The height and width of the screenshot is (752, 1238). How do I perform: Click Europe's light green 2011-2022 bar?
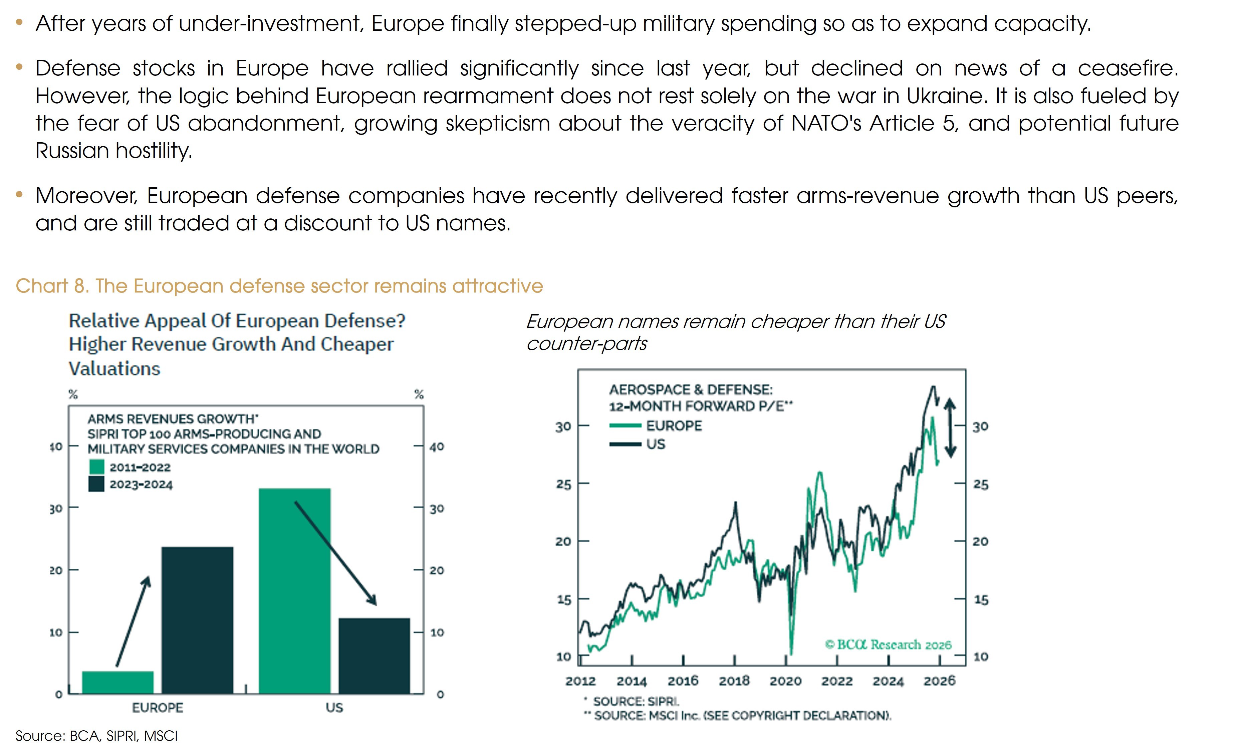[x=117, y=682]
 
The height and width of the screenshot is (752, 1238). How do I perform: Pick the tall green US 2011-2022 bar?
[x=294, y=591]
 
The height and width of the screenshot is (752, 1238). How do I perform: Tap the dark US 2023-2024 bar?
[x=374, y=655]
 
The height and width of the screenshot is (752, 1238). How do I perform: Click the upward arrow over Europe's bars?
[x=133, y=621]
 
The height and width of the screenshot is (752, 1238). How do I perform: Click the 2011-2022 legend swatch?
[x=96, y=467]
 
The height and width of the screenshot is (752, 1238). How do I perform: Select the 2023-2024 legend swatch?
[x=96, y=484]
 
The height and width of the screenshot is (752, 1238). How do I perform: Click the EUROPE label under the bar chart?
[x=157, y=708]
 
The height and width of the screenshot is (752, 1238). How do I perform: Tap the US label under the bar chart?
[x=334, y=708]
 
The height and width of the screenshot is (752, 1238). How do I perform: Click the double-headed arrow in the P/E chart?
[x=950, y=427]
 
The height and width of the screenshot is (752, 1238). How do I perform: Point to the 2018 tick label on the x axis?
[x=734, y=681]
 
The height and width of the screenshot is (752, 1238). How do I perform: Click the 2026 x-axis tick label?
[x=939, y=681]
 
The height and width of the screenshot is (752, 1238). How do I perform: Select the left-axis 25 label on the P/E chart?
[x=563, y=485]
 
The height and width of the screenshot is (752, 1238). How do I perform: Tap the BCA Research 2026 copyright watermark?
[x=888, y=644]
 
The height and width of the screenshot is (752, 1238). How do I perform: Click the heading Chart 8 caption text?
[x=279, y=286]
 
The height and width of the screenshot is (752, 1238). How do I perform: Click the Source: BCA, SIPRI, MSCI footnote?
[x=96, y=736]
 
